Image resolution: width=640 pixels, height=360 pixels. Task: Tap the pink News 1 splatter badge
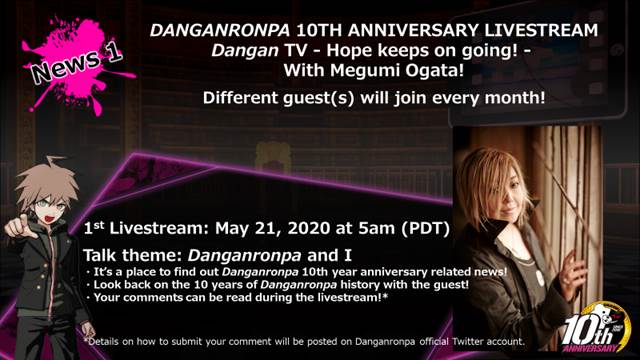(x=76, y=65)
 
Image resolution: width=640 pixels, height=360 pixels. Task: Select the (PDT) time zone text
(x=425, y=229)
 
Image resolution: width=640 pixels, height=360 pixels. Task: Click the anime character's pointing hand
(x=16, y=227)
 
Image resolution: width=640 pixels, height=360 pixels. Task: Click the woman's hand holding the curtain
(x=573, y=271)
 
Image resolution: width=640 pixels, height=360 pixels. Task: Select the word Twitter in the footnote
(x=468, y=342)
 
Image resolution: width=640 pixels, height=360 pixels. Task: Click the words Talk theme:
(x=133, y=256)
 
